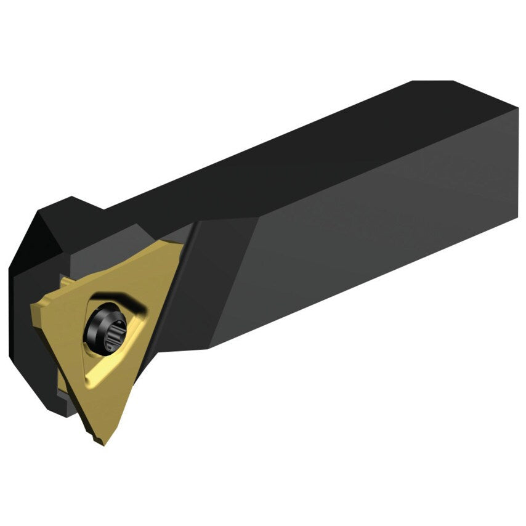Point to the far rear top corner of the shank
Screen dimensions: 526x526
(x=431, y=82)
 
